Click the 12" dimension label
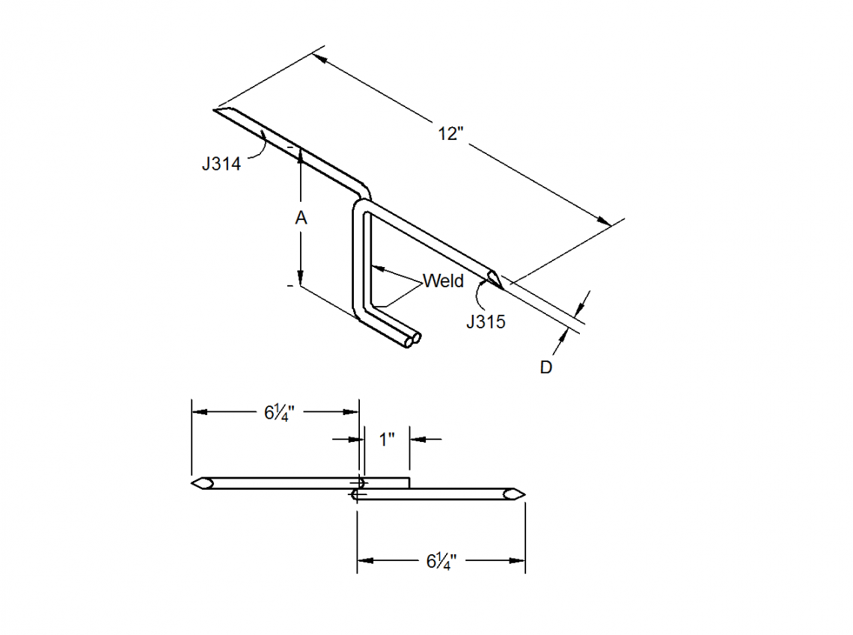pyautogui.click(x=451, y=134)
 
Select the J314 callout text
pyautogui.click(x=221, y=164)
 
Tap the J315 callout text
pyautogui.click(x=486, y=322)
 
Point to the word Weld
pyautogui.click(x=443, y=281)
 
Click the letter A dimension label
pyautogui.click(x=301, y=218)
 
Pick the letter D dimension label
pyautogui.click(x=546, y=368)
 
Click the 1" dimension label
pyautogui.click(x=387, y=439)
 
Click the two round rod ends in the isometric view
pyautogui.click(x=412, y=341)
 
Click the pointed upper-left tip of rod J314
pyautogui.click(x=217, y=111)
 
